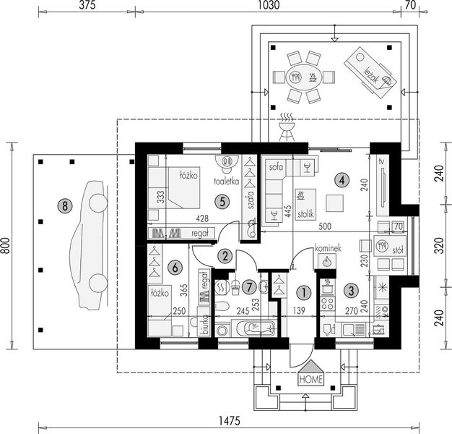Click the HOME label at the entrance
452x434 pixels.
311,378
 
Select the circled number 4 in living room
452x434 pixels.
342,179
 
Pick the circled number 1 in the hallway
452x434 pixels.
303,292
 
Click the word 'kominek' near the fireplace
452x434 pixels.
327,248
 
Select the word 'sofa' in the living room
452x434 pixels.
274,166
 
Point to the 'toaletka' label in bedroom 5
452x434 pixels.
225,183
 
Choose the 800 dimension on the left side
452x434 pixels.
6,246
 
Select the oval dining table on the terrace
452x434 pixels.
301,76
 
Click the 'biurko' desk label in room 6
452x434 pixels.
205,328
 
